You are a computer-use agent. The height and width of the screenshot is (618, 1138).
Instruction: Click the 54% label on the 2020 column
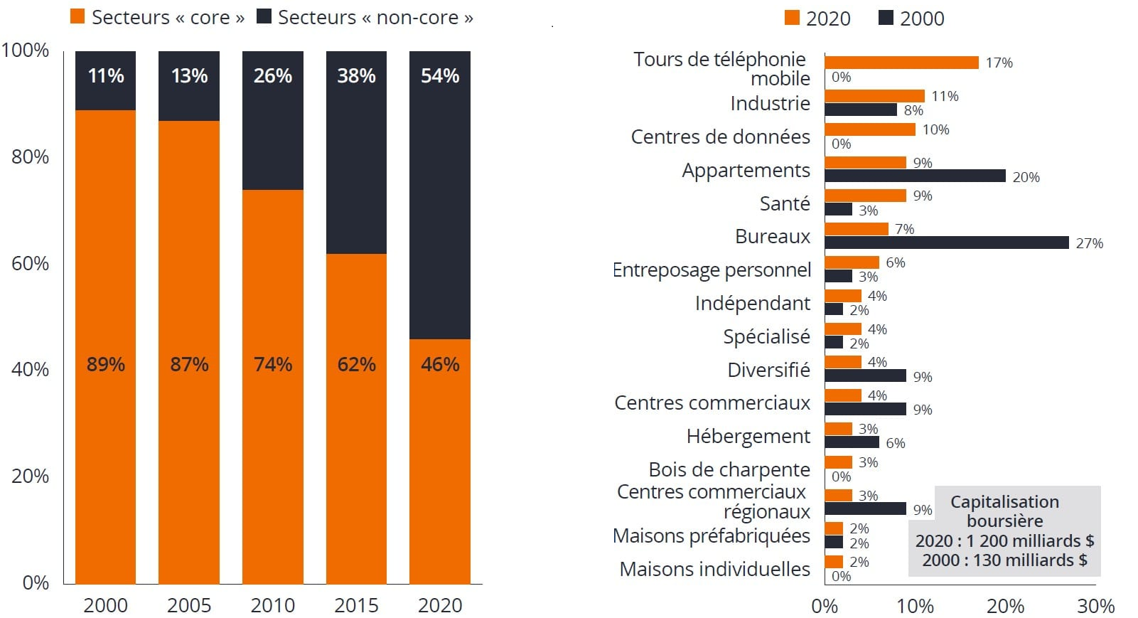pyautogui.click(x=439, y=76)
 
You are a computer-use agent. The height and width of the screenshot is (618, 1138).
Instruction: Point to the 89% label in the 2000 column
pyautogui.click(x=105, y=365)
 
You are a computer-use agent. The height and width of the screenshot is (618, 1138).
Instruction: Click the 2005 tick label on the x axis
pyautogui.click(x=189, y=605)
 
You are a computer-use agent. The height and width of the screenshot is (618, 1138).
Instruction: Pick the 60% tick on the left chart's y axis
pyautogui.click(x=29, y=264)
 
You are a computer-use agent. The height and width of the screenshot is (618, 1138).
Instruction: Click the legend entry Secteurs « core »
pyautogui.click(x=157, y=18)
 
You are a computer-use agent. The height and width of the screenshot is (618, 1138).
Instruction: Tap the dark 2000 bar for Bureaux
pyautogui.click(x=946, y=243)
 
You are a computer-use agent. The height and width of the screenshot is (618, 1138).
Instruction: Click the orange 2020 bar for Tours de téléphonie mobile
pyautogui.click(x=901, y=63)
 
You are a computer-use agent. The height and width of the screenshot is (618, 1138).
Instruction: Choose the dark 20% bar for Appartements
pyautogui.click(x=915, y=176)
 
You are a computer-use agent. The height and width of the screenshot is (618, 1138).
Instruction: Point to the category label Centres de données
pyautogui.click(x=720, y=137)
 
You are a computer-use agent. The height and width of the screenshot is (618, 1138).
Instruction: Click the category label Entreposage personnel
pyautogui.click(x=712, y=270)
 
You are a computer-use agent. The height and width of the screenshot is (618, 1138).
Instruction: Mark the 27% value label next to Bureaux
pyautogui.click(x=1089, y=243)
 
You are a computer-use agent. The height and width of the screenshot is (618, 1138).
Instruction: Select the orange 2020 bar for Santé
pyautogui.click(x=865, y=196)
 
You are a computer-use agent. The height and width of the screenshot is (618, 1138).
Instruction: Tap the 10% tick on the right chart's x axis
pyautogui.click(x=915, y=606)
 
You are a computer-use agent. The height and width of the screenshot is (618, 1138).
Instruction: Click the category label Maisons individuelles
pyautogui.click(x=714, y=569)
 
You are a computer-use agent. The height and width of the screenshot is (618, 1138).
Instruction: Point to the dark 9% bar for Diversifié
pyautogui.click(x=865, y=375)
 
